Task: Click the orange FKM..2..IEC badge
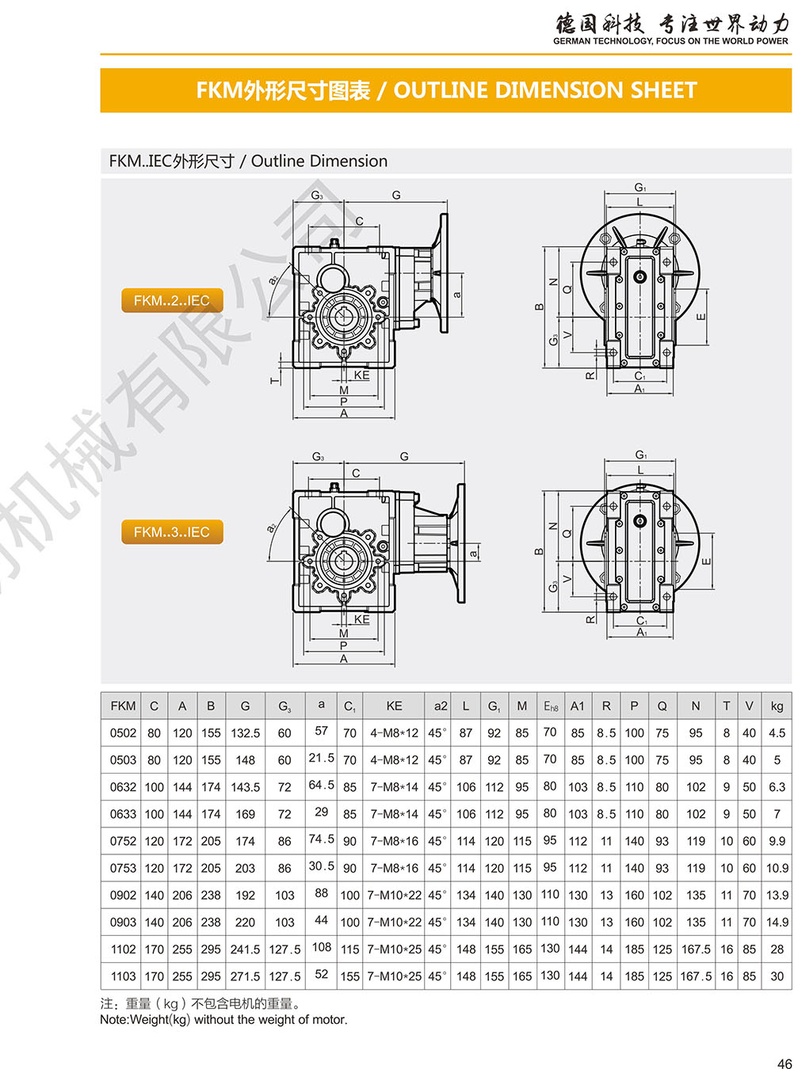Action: coord(171,300)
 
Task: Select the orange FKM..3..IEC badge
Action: coord(171,531)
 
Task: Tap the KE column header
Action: coord(394,706)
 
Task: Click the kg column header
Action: coord(777,706)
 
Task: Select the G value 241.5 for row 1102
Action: coord(245,949)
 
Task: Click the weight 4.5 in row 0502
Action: coord(777,733)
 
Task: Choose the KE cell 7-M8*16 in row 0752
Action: coord(394,841)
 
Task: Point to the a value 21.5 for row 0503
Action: coord(321,758)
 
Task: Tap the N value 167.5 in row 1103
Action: coord(696,976)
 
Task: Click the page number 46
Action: coord(785,1060)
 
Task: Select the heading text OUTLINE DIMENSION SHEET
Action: coord(545,90)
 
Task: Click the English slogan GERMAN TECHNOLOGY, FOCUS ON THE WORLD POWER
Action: coord(670,41)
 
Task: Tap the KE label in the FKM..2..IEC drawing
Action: coord(361,375)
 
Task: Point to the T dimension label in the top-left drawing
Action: coord(275,380)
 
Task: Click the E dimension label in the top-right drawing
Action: coord(701,317)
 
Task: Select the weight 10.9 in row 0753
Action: coord(777,868)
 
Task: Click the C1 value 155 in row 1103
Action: coord(349,976)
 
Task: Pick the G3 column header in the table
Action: coord(284,706)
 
